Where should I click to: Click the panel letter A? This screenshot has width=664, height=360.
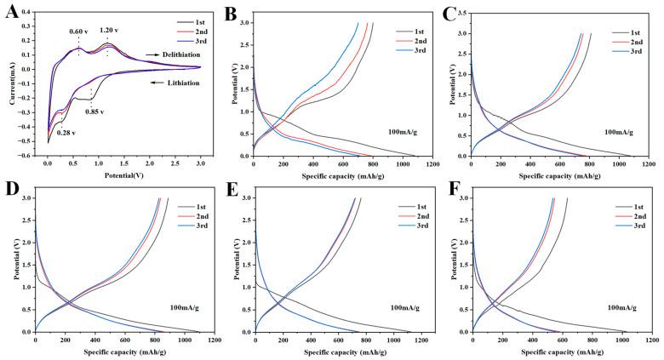point(10,13)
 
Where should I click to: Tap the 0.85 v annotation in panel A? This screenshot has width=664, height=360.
point(102,110)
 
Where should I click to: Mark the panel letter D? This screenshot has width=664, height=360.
point(10,189)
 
